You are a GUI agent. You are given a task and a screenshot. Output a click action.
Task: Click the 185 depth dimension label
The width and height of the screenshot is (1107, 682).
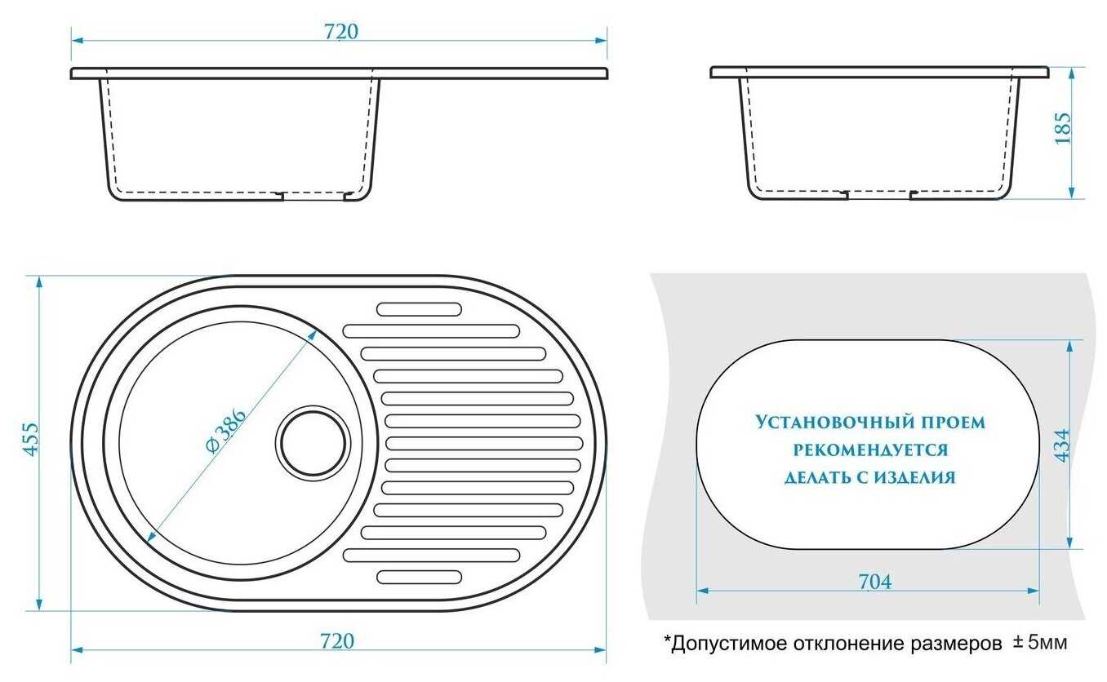click(x=1063, y=128)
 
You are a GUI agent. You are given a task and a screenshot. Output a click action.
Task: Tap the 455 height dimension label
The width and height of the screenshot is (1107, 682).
click(x=31, y=439)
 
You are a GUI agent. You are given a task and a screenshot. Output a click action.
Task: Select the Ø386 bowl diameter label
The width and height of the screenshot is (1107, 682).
click(x=226, y=430)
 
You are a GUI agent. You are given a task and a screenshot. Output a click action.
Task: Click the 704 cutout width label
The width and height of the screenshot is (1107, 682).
click(x=874, y=582)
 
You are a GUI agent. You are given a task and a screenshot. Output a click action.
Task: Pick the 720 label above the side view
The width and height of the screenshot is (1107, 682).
click(x=341, y=32)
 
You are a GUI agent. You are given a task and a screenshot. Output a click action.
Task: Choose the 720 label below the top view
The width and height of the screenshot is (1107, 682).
click(x=337, y=641)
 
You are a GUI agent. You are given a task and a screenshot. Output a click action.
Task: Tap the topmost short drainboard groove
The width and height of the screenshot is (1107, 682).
click(x=419, y=310)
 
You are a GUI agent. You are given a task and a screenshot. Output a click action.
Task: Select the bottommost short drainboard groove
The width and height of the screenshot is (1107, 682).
click(x=419, y=577)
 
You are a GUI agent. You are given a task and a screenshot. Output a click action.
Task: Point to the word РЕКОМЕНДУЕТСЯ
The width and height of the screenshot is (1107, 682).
click(x=870, y=450)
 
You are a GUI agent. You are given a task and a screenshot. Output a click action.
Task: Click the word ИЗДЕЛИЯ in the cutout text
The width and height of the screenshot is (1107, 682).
click(x=914, y=477)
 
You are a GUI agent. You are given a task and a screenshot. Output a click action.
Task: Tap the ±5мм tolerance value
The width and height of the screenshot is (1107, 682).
click(x=1040, y=643)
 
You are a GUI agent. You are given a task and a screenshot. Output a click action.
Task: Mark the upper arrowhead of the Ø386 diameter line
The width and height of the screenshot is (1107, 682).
click(x=312, y=335)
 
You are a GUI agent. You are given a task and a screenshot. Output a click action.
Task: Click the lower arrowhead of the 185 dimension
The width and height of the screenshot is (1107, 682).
click(x=1071, y=193)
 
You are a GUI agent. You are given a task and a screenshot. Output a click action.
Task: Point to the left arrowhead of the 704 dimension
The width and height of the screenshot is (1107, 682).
click(x=703, y=591)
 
